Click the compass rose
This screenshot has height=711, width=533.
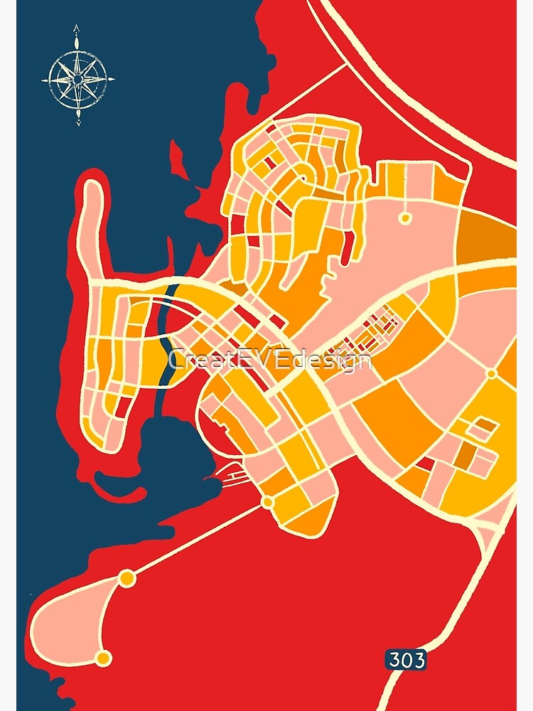(x=78, y=77)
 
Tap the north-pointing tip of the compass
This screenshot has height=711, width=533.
(x=77, y=28)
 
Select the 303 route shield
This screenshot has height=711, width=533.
(x=407, y=661)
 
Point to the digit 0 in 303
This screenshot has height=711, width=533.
(x=407, y=661)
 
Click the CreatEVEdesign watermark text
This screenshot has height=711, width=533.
(x=270, y=360)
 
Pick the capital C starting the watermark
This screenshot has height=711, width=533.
(x=177, y=360)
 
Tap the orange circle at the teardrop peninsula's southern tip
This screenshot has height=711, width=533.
(x=104, y=658)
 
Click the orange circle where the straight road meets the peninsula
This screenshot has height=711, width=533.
(x=127, y=578)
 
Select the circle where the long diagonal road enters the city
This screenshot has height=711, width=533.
(x=268, y=502)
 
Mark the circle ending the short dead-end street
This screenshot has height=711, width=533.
(x=405, y=218)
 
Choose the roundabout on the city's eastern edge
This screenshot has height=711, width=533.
(x=491, y=373)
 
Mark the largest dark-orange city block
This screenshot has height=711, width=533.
(x=391, y=412)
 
